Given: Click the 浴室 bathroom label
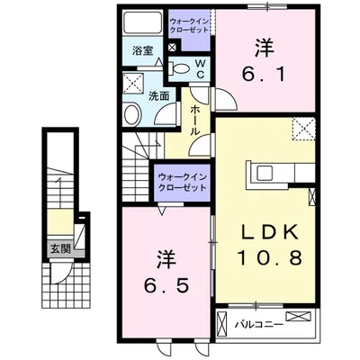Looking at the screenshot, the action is (142, 50).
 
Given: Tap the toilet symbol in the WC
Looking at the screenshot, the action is (179, 68).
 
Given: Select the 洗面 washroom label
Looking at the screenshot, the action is (159, 96).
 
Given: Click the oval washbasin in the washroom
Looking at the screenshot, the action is (132, 114).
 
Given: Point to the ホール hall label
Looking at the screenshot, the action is (195, 120).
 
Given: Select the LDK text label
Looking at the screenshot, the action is (270, 231).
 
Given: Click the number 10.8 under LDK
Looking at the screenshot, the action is (270, 258).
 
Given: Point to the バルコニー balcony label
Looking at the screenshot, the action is (259, 325).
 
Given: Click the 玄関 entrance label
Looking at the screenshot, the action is (60, 248).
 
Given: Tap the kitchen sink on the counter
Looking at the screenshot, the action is (264, 173).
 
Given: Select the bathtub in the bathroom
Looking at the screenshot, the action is (143, 22).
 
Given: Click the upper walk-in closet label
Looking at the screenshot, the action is (189, 25).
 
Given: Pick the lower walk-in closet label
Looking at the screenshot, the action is (183, 183).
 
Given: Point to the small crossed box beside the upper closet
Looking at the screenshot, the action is (173, 48).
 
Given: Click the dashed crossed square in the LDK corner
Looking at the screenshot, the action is (303, 129).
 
